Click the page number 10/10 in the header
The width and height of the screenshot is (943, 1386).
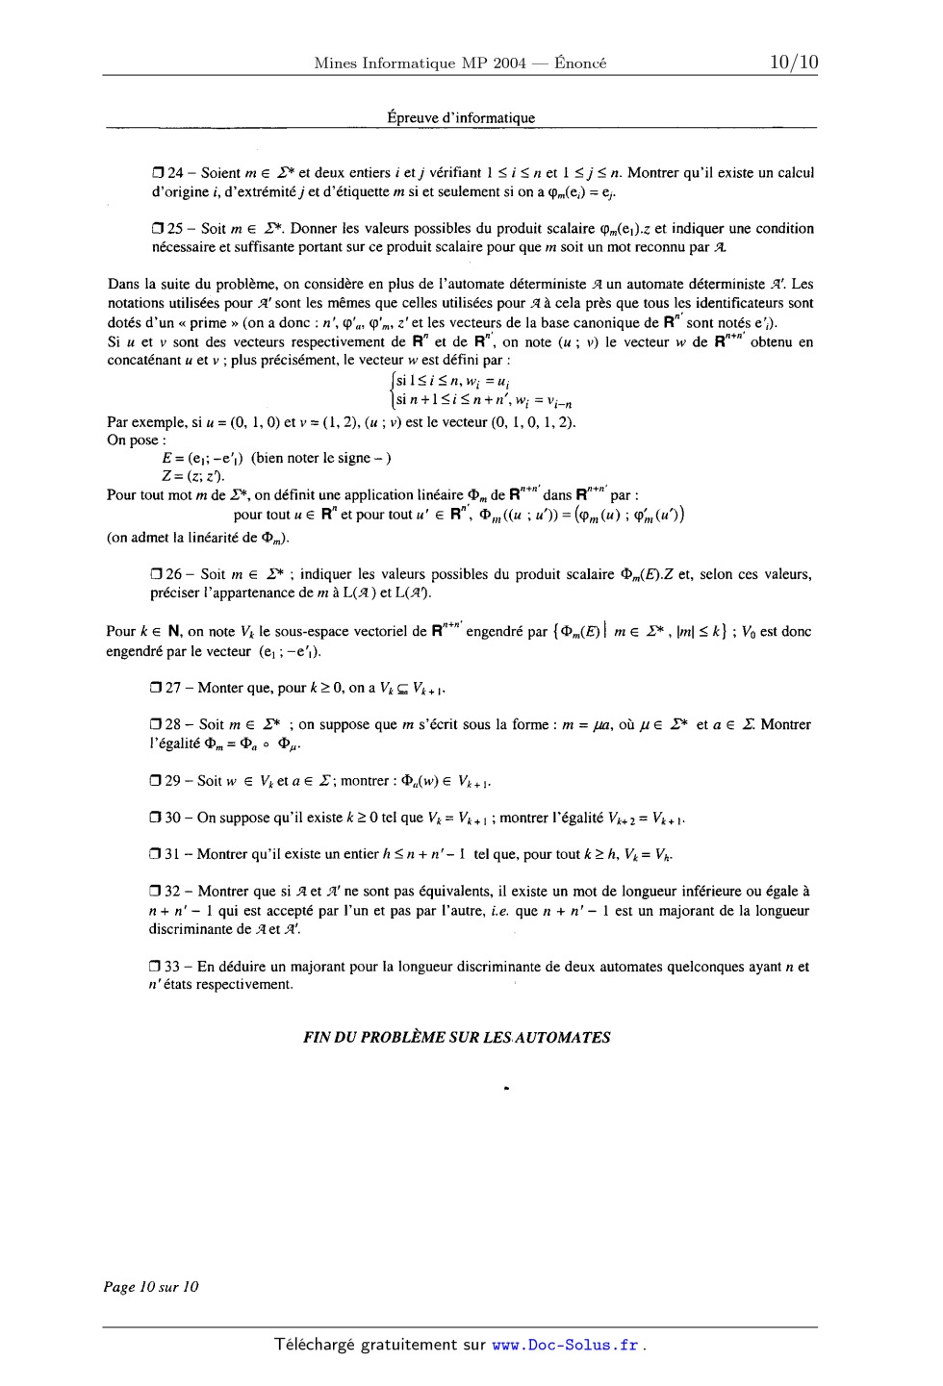click(x=793, y=63)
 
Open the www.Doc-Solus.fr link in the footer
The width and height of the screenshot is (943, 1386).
click(x=565, y=1345)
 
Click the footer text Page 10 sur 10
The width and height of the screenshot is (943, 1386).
click(x=152, y=1286)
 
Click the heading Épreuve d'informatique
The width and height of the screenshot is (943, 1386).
click(x=461, y=118)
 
